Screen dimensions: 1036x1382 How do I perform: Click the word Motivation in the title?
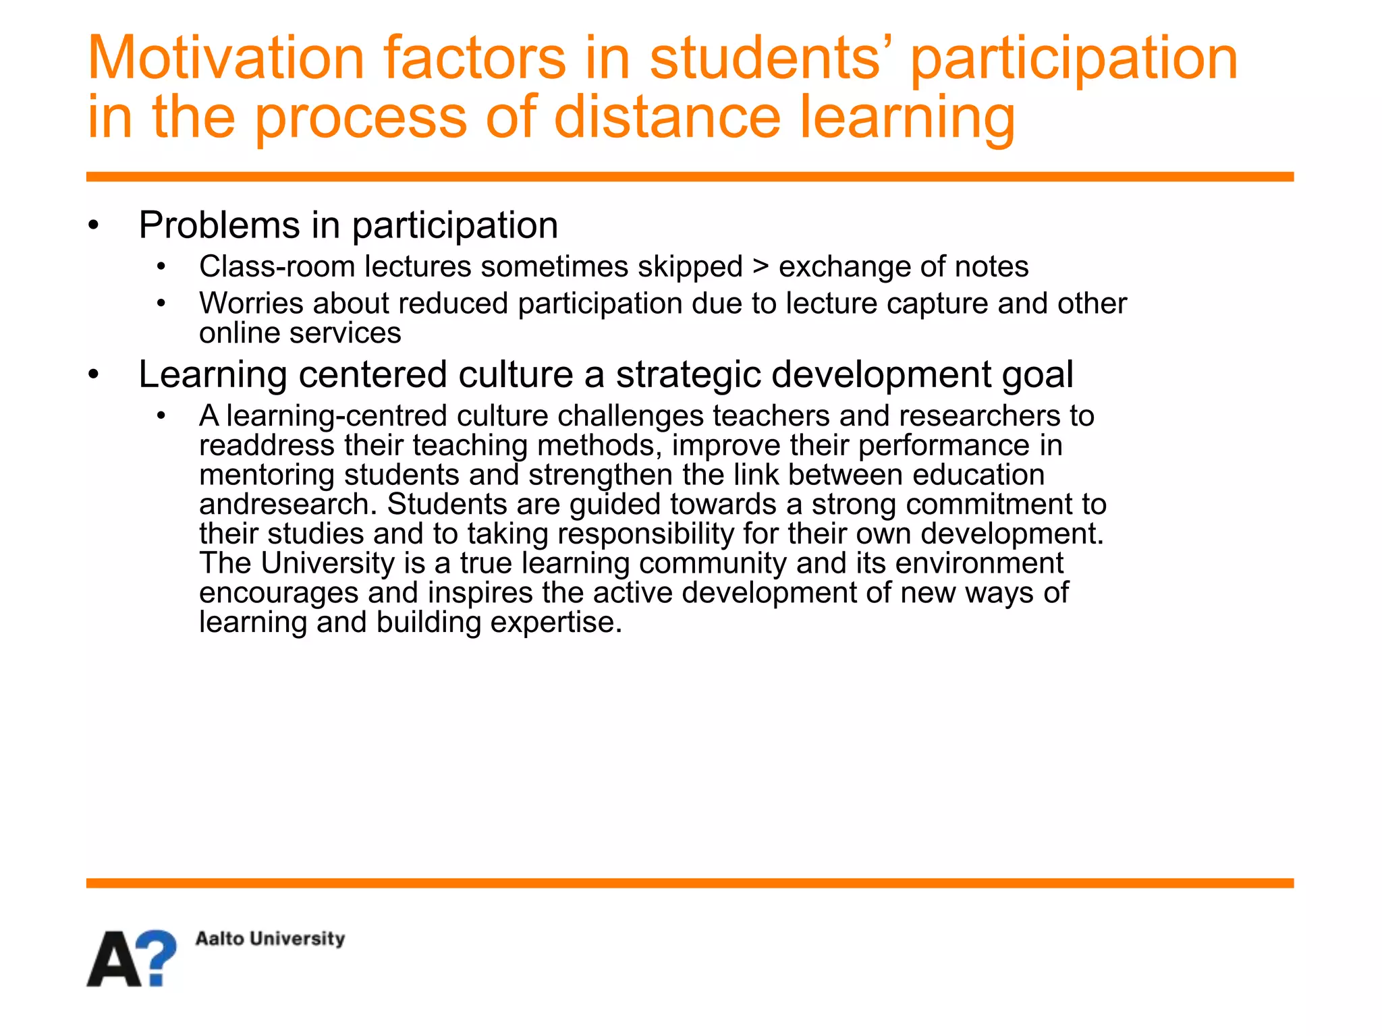(x=226, y=59)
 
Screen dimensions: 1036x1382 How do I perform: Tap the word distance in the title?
(x=667, y=117)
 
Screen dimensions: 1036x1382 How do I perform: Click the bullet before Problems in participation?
(x=94, y=226)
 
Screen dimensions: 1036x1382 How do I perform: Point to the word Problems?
(x=219, y=225)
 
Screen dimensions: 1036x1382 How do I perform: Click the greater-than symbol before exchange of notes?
(x=761, y=266)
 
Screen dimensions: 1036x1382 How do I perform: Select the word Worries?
(x=251, y=304)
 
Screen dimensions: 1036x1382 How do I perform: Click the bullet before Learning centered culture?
(x=94, y=375)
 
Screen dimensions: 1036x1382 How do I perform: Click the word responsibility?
(x=645, y=534)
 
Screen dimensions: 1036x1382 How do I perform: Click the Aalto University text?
(x=270, y=938)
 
